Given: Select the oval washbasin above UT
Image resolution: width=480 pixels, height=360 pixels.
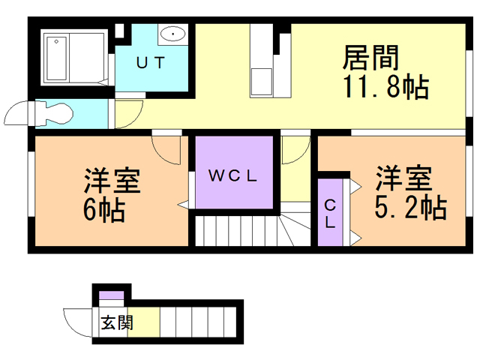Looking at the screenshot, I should [x=173, y=34].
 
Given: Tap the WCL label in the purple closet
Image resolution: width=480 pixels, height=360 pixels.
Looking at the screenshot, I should [x=232, y=177].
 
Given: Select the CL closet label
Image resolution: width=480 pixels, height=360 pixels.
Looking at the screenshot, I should [x=329, y=214].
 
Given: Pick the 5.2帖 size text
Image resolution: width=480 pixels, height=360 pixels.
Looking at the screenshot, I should [x=410, y=208].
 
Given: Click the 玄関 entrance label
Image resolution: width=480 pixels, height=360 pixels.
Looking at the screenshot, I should [x=115, y=324].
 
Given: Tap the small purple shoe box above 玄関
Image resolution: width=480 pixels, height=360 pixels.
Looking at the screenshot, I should [x=110, y=294].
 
